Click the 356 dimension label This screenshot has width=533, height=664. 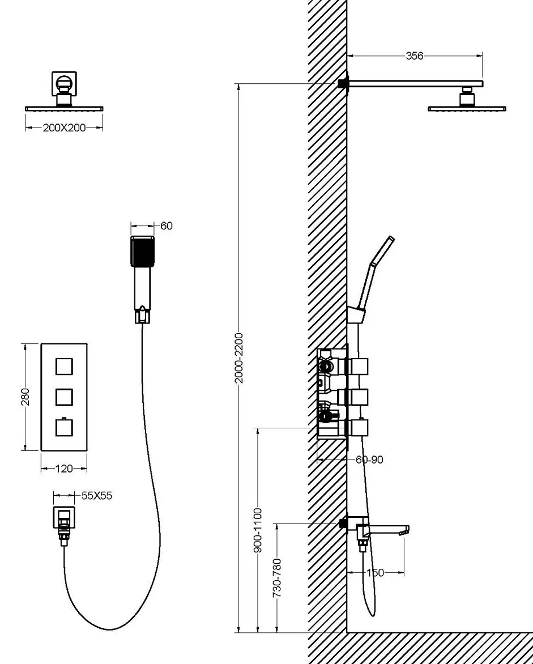[x=415, y=56]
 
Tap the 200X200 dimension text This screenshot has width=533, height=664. [x=65, y=127]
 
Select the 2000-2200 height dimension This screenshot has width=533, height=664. [x=239, y=358]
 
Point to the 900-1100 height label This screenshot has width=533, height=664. [x=258, y=530]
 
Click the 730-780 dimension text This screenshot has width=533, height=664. [x=277, y=578]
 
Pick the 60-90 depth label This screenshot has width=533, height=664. [x=369, y=459]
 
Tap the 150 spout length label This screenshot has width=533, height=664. [x=375, y=573]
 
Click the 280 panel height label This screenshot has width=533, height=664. [x=25, y=397]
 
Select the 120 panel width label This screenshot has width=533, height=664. [x=64, y=469]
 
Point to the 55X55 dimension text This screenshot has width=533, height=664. [x=97, y=496]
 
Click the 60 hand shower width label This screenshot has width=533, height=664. [x=167, y=225]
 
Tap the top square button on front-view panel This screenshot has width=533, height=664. [x=64, y=367]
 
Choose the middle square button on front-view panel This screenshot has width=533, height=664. [x=64, y=397]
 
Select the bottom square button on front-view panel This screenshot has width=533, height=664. [x=64, y=427]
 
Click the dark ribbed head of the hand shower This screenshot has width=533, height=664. [x=142, y=252]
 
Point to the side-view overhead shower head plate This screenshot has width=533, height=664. [x=467, y=109]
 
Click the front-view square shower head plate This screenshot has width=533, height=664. [x=64, y=109]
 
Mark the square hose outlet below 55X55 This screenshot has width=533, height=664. [x=64, y=517]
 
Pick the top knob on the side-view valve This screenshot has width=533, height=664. [x=359, y=367]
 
